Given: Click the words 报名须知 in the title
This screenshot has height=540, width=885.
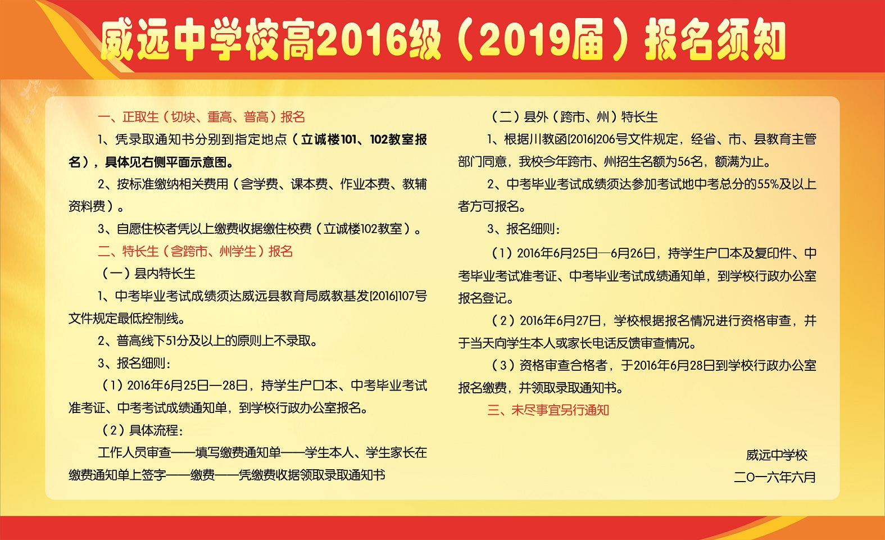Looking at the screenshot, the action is [x=715, y=40].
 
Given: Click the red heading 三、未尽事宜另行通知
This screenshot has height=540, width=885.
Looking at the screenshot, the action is [x=548, y=410].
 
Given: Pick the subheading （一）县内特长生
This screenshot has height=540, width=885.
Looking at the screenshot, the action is [x=148, y=273].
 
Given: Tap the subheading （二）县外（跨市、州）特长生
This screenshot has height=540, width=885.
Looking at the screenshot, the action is [x=574, y=117].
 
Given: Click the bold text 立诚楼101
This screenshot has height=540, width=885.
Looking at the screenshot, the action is [x=329, y=139].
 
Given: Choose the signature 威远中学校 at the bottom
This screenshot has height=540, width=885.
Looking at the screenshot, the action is [x=777, y=455].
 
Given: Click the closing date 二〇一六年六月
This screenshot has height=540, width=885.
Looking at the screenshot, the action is [x=775, y=477].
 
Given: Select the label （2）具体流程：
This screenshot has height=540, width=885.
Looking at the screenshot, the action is [x=142, y=430].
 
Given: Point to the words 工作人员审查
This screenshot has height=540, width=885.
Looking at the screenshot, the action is [x=134, y=453].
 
